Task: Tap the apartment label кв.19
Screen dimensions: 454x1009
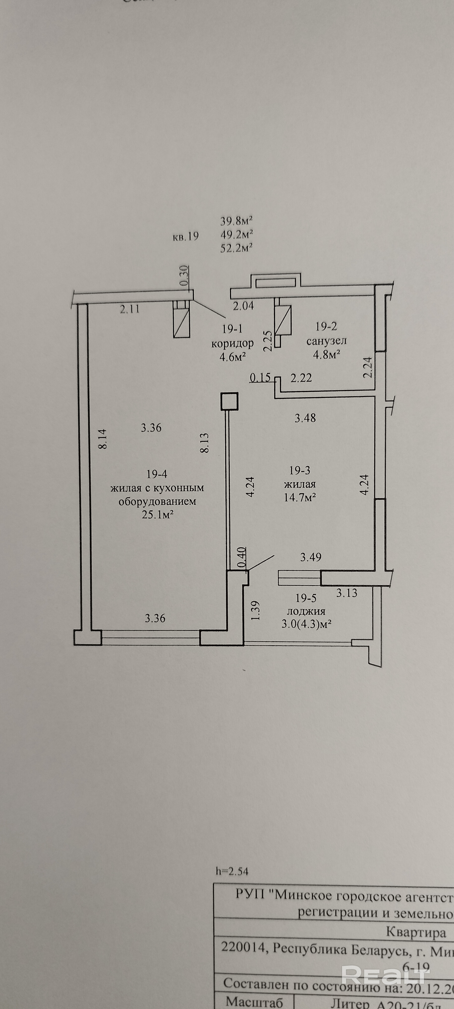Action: point(186,237)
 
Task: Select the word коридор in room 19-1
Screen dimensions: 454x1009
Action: point(232,344)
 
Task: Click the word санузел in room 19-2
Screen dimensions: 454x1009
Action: point(326,341)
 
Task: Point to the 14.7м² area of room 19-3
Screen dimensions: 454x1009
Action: point(300,497)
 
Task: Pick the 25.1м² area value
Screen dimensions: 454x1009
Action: point(157,514)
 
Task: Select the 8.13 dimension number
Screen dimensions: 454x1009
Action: point(205,443)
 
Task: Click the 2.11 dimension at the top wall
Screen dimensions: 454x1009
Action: point(130,310)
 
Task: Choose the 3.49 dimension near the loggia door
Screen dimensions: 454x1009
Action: point(311,557)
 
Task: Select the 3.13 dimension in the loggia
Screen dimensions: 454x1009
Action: point(347,593)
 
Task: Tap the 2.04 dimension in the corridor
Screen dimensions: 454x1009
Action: point(243,306)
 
